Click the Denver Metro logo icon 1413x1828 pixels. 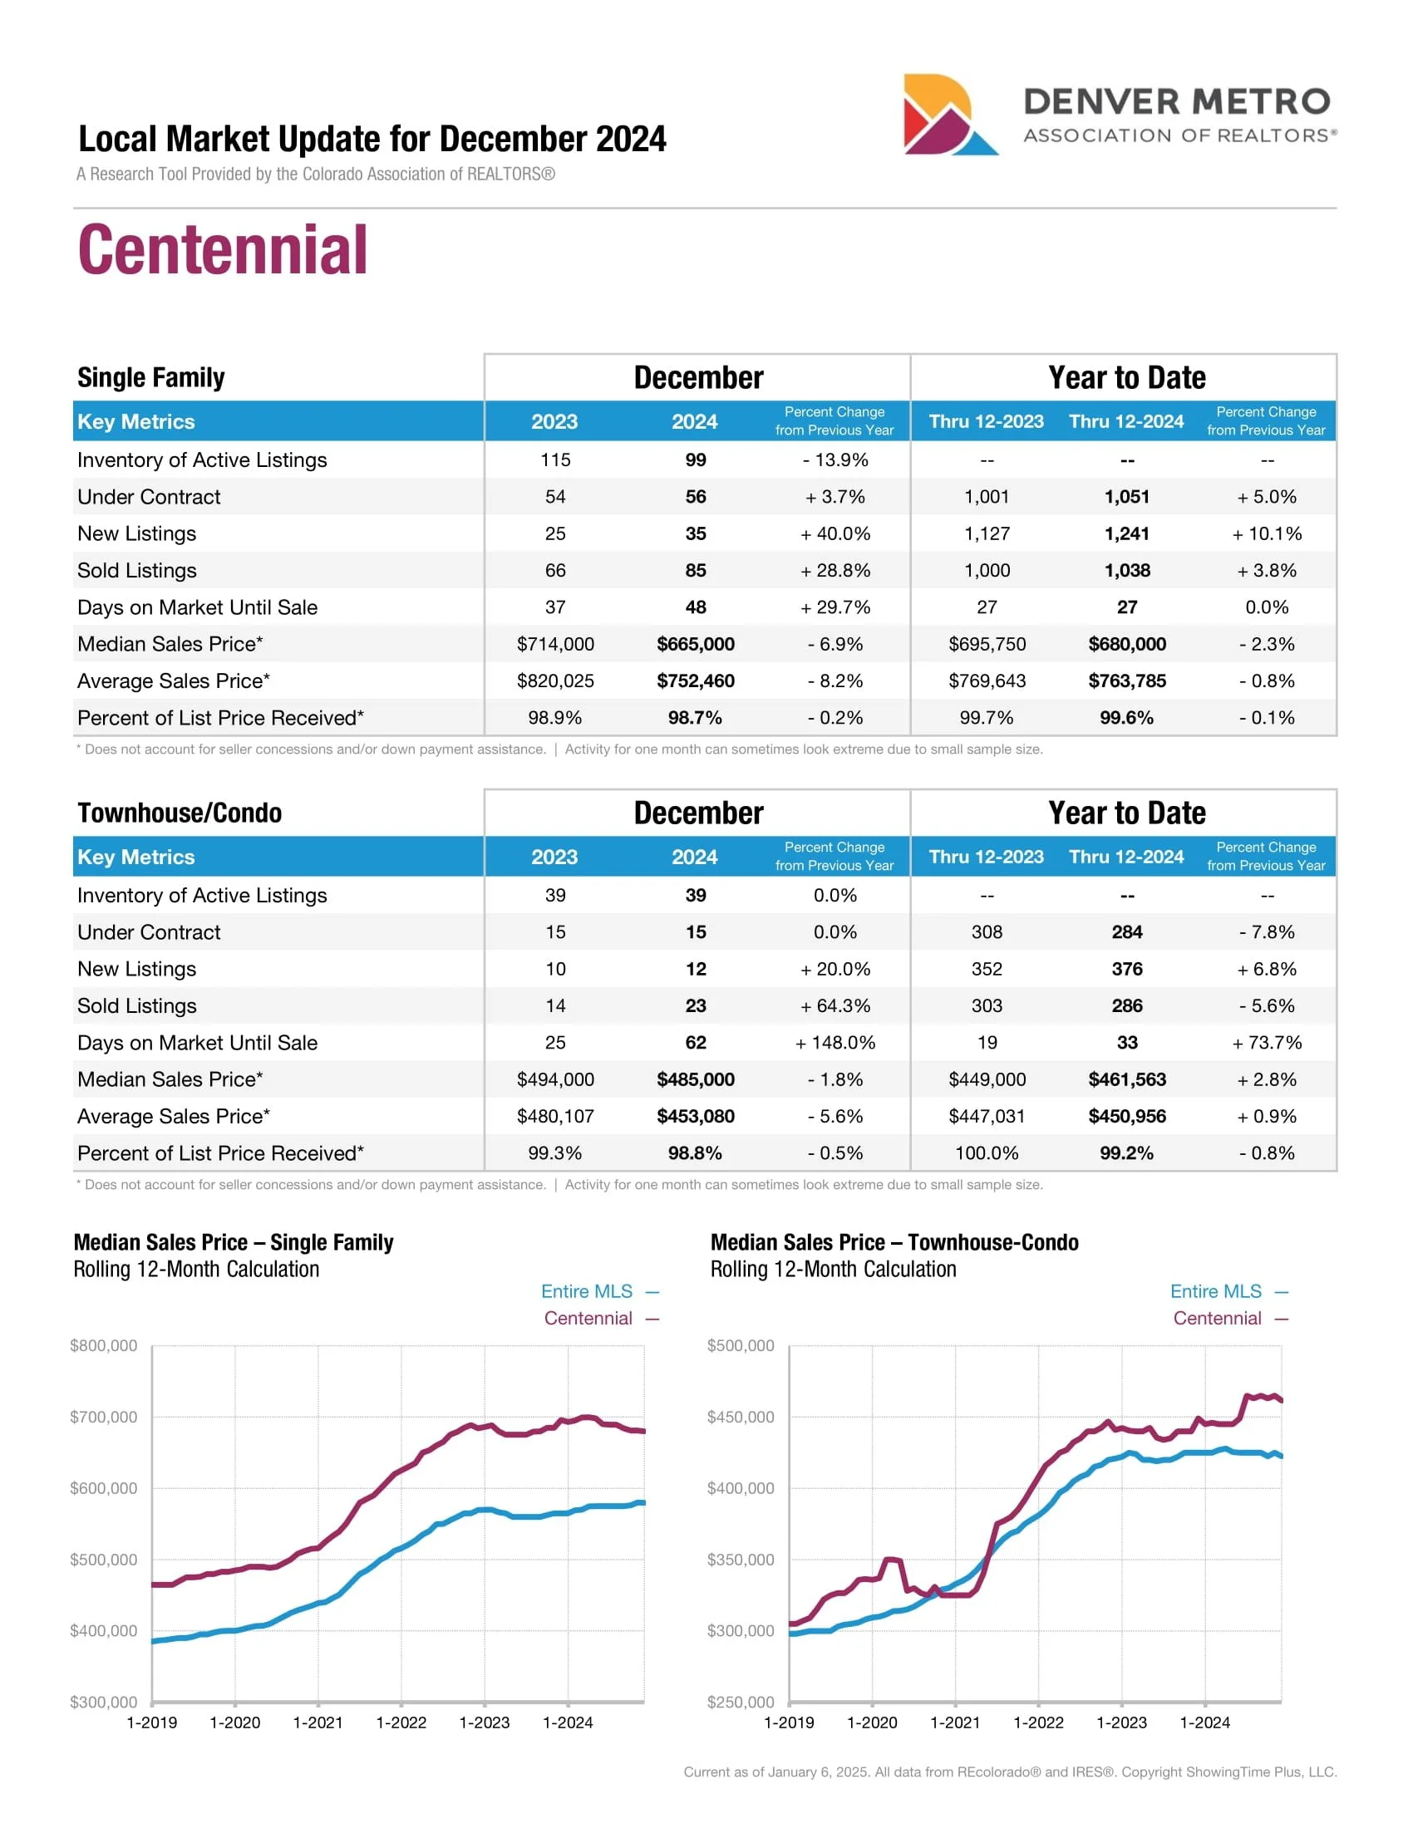948,115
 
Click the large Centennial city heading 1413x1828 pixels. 223,249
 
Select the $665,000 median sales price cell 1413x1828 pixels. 695,644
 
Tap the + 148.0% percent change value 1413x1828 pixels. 835,1042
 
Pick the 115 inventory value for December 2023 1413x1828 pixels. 555,459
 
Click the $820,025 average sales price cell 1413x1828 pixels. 555,681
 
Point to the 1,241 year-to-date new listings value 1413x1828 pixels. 1126,533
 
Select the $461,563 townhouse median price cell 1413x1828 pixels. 1126,1079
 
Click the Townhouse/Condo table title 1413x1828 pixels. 180,813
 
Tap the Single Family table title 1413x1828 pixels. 150,377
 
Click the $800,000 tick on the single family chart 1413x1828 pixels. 104,1345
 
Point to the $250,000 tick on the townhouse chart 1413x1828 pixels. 740,1702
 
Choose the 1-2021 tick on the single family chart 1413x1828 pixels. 318,1722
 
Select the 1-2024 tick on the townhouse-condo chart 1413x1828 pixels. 1204,1722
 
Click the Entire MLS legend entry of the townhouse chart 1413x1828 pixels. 1228,1291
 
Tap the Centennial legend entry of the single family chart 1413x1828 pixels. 601,1319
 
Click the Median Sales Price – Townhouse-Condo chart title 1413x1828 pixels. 894,1242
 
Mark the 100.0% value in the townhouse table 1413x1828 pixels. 986,1152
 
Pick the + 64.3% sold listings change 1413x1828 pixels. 835,1005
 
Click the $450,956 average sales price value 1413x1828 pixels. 1126,1116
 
